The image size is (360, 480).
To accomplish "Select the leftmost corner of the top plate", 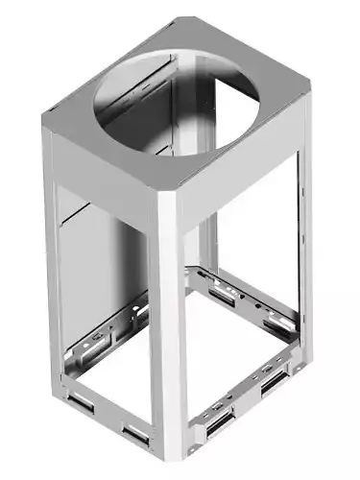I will [45, 118].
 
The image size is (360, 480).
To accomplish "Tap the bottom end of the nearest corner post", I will [172, 470].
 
